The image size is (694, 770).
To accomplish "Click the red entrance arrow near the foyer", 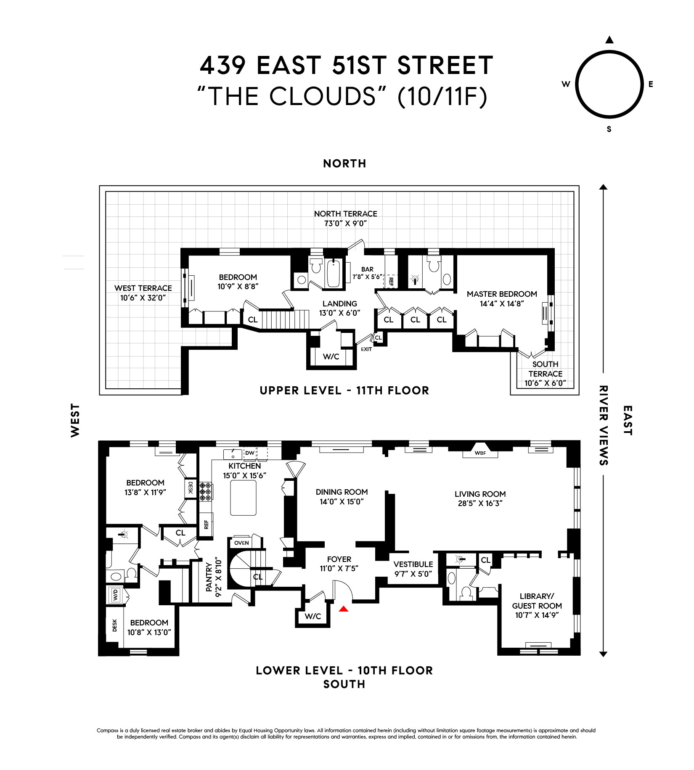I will pyautogui.click(x=344, y=609).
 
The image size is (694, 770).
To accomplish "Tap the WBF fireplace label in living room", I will pyautogui.click(x=480, y=453).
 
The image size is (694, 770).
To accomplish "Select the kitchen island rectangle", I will pyautogui.click(x=243, y=498).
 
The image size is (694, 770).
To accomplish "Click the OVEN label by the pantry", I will pyautogui.click(x=241, y=543).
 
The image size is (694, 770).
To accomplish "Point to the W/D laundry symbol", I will pyautogui.click(x=115, y=594).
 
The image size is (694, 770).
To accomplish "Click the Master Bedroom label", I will pyautogui.click(x=502, y=294).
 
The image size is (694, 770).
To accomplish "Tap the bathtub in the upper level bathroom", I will pyautogui.click(x=334, y=274).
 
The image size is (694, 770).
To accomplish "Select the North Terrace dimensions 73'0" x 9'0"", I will pyautogui.click(x=345, y=223).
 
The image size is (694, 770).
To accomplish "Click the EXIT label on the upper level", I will pyautogui.click(x=366, y=349).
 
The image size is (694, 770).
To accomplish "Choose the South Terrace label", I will pyautogui.click(x=545, y=369).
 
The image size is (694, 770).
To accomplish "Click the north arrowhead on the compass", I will pyautogui.click(x=609, y=40).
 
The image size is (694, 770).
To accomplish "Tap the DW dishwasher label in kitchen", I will pyautogui.click(x=250, y=453).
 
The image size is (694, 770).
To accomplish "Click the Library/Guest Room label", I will pyautogui.click(x=537, y=601).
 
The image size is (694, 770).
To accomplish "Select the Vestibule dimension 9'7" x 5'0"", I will pyautogui.click(x=413, y=574).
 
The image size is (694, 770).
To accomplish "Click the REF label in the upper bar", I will pyautogui.click(x=391, y=281).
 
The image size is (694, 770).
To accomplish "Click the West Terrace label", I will pyautogui.click(x=143, y=288).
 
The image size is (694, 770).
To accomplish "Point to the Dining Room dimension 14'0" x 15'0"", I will pyautogui.click(x=342, y=501).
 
